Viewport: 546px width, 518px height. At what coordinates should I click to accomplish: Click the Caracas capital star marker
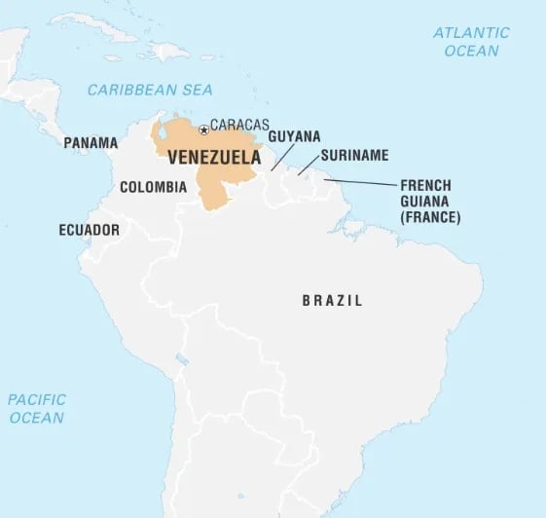coord(203,129)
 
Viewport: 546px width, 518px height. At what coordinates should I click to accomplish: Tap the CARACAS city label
coord(239,126)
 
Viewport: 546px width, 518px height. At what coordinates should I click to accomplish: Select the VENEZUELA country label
coord(214,157)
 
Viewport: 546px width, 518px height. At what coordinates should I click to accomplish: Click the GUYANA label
coord(294,137)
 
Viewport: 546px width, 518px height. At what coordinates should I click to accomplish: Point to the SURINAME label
coord(354,155)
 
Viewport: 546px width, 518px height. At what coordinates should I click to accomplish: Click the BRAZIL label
coord(332,301)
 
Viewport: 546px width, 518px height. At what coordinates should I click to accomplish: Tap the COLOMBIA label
coord(153,187)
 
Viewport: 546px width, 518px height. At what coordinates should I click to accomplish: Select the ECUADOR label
coord(89,231)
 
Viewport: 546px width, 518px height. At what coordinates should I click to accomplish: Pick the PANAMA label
coord(91,143)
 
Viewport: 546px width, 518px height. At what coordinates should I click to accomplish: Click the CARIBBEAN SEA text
coord(150,90)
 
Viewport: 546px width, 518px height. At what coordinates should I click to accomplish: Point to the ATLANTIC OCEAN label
coord(472,42)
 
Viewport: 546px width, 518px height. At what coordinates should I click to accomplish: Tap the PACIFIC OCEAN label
coord(37,408)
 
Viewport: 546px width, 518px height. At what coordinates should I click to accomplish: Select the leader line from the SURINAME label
coord(308,166)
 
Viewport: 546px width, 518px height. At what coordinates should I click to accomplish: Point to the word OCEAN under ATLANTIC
coord(472,51)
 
